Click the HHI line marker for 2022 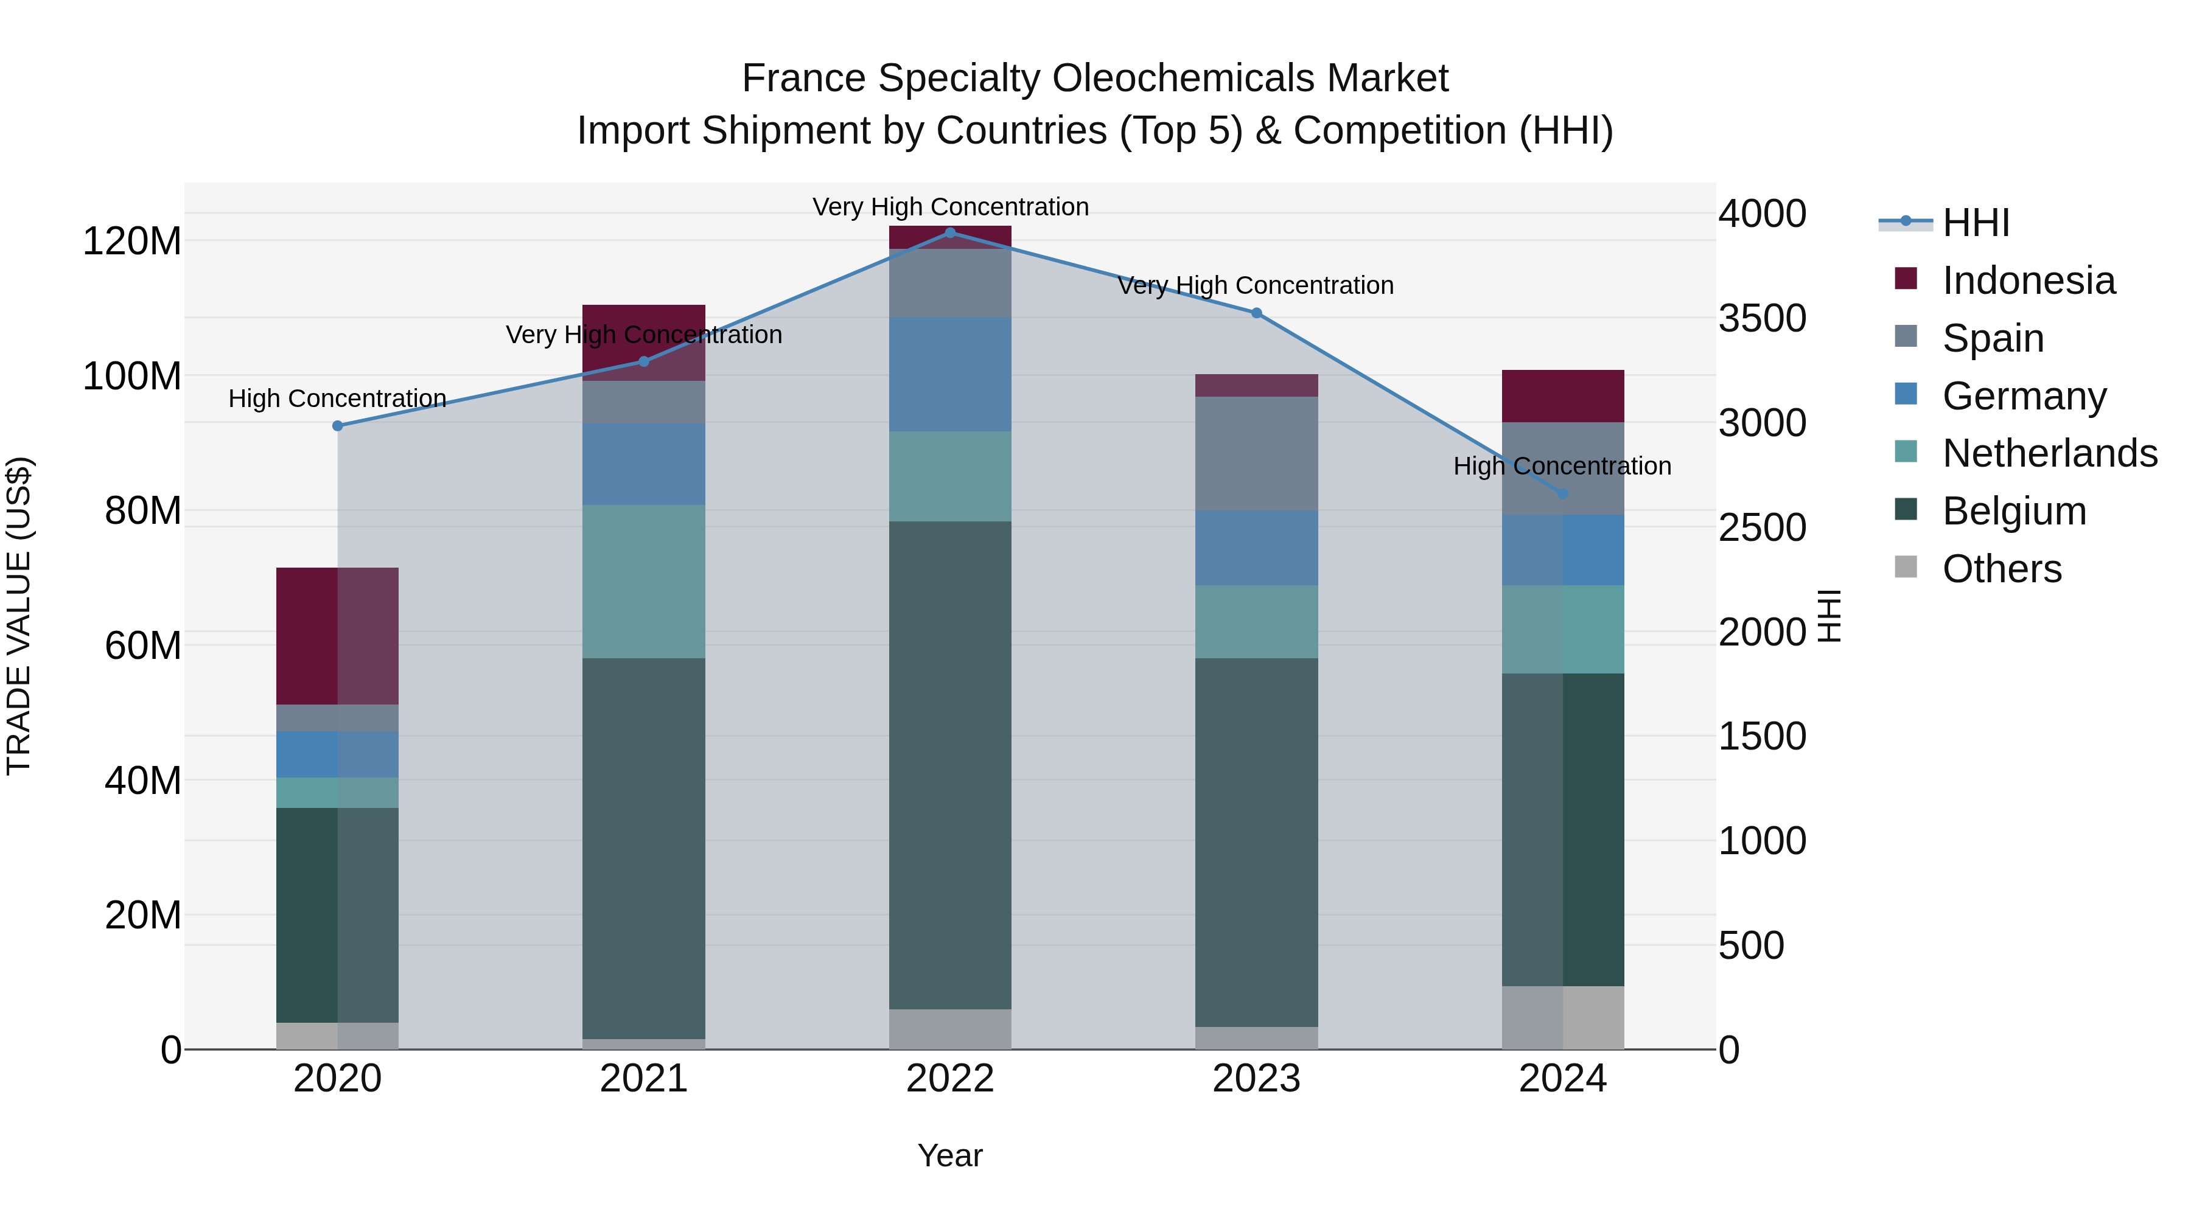tap(950, 232)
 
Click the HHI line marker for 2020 tap(338, 426)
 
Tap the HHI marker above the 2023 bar tap(1256, 313)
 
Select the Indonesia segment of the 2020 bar tap(338, 636)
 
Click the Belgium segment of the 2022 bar tap(950, 765)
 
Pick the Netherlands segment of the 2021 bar tap(644, 582)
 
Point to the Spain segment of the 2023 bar tap(1256, 453)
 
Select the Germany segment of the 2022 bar tap(950, 374)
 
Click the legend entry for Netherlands tap(2049, 453)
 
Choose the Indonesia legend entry tap(2028, 280)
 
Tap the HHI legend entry tap(1975, 223)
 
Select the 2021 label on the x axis tap(644, 1079)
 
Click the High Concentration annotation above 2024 tap(1562, 466)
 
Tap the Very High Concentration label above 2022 tap(950, 207)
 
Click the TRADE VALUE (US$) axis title tap(19, 616)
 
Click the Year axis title tap(950, 1155)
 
